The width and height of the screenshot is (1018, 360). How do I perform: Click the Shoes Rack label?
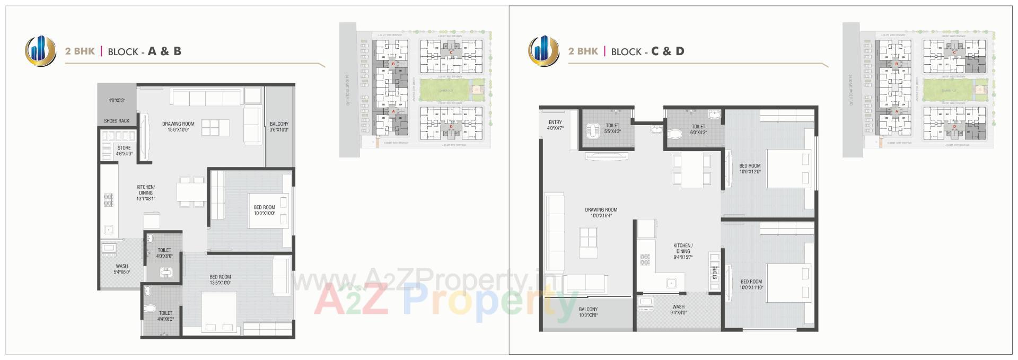pyautogui.click(x=116, y=121)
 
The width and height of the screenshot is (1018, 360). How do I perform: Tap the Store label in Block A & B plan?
pyautogui.click(x=124, y=151)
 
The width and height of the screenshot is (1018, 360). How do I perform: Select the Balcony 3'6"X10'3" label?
pyautogui.click(x=279, y=127)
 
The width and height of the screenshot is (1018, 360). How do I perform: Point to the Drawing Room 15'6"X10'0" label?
pyautogui.click(x=178, y=127)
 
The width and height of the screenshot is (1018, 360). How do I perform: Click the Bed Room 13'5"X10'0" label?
pyautogui.click(x=220, y=279)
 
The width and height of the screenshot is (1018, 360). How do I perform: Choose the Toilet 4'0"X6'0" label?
pyautogui.click(x=164, y=253)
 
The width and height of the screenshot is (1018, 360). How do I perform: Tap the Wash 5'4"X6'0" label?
pyautogui.click(x=121, y=269)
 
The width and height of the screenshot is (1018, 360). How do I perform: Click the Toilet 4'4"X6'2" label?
pyautogui.click(x=165, y=316)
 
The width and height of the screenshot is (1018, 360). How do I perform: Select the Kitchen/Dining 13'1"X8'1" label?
pyautogui.click(x=145, y=193)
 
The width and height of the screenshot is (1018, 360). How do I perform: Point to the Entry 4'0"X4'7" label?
pyautogui.click(x=555, y=125)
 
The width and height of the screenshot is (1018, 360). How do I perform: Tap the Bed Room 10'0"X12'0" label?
pyautogui.click(x=750, y=169)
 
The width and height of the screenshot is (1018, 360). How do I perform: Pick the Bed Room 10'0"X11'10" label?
pyautogui.click(x=751, y=285)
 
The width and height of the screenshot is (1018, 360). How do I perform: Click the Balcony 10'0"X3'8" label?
pyautogui.click(x=588, y=312)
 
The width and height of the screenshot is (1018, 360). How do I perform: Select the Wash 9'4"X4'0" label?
pyautogui.click(x=678, y=310)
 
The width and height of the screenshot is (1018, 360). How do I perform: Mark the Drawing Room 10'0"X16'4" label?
pyautogui.click(x=601, y=213)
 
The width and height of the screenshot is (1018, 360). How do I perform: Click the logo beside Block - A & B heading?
pyautogui.click(x=41, y=51)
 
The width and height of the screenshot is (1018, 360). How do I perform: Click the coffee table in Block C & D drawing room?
pyautogui.click(x=590, y=237)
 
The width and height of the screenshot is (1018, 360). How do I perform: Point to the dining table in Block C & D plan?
pyautogui.click(x=692, y=170)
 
